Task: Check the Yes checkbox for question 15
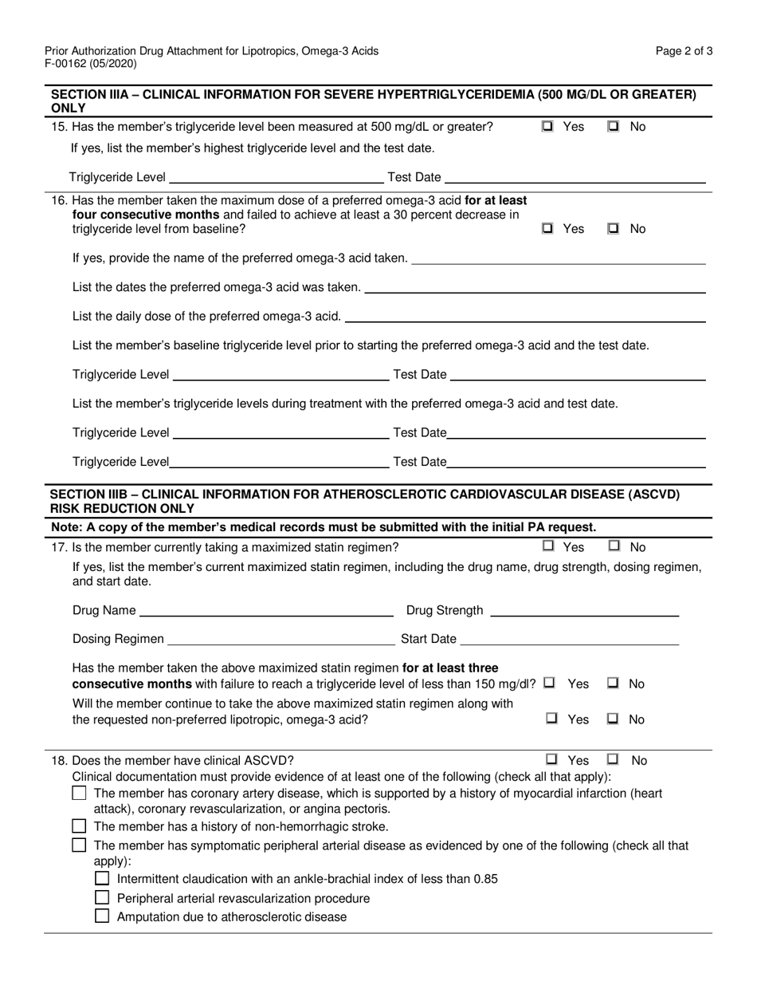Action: click(x=547, y=127)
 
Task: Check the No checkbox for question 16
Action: click(x=614, y=229)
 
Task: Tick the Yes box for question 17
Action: click(x=547, y=547)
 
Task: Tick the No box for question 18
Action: click(x=614, y=761)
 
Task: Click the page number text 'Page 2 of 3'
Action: click(x=684, y=51)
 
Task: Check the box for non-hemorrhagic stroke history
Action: click(x=79, y=826)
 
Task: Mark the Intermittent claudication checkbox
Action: click(x=102, y=879)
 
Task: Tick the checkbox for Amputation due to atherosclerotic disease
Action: click(x=102, y=917)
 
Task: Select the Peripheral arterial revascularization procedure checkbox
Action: click(x=102, y=898)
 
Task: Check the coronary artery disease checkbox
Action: click(x=79, y=794)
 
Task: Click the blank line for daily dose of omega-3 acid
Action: click(x=526, y=317)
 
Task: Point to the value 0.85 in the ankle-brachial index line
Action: click(x=485, y=879)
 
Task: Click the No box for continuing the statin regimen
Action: click(x=614, y=719)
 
